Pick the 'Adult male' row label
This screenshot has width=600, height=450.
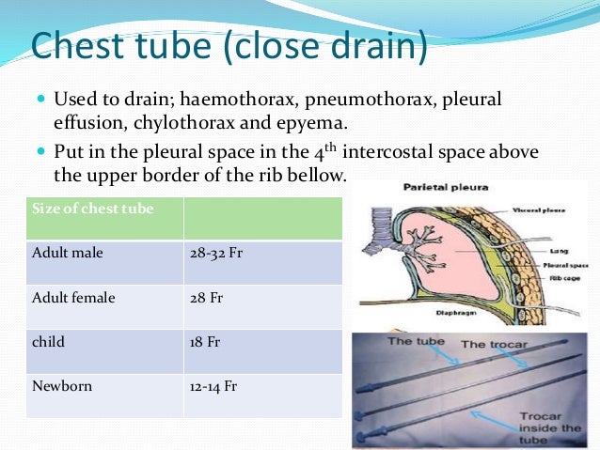coord(68,254)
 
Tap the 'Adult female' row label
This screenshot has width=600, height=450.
coord(73,298)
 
